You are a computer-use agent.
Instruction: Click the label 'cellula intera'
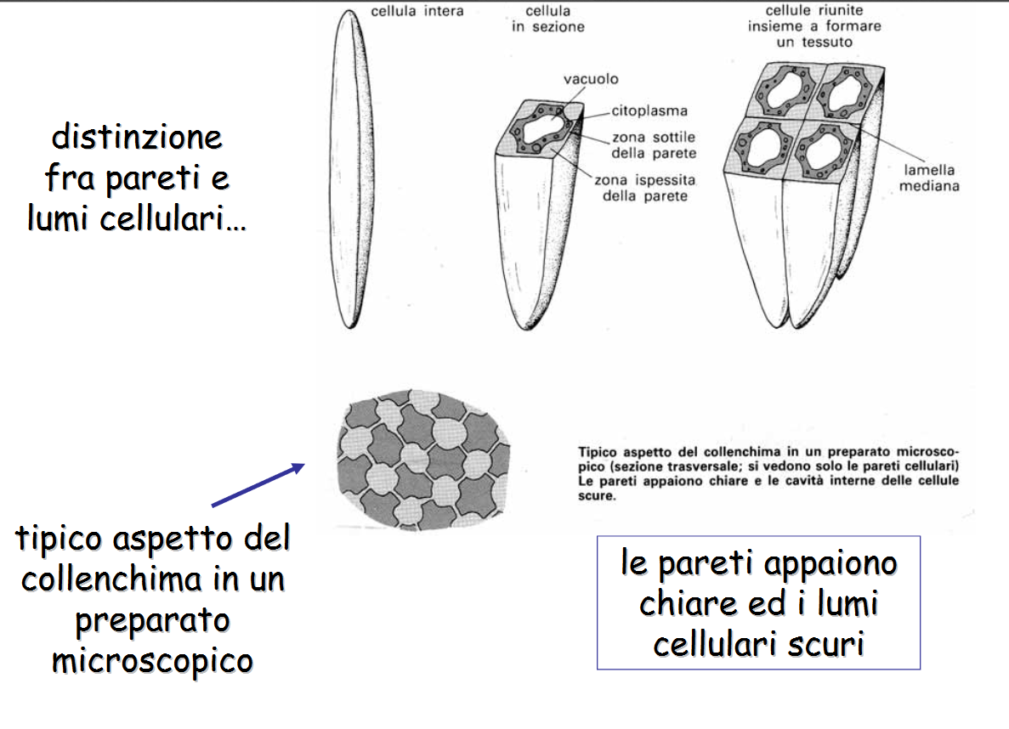(417, 12)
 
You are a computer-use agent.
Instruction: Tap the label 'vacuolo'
(591, 79)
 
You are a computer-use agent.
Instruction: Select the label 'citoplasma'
(650, 110)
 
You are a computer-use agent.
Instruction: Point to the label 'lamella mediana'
(928, 178)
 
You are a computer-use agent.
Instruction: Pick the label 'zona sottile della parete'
(654, 145)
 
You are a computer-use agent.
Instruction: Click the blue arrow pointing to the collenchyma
(258, 485)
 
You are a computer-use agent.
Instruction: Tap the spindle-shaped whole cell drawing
(349, 170)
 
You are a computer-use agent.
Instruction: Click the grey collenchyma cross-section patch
(422, 460)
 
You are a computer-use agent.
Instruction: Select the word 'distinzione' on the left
(136, 136)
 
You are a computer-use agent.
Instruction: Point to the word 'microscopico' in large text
(153, 660)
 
